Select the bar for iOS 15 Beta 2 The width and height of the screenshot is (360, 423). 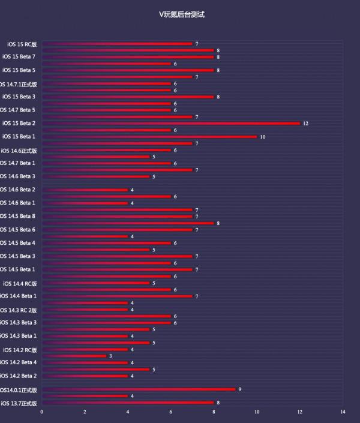(171, 123)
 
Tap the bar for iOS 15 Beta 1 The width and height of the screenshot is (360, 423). (150, 137)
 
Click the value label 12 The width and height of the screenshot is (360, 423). (305, 123)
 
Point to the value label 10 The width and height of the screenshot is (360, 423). (262, 137)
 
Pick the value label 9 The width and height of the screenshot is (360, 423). (240, 389)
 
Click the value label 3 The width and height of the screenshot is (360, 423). (110, 356)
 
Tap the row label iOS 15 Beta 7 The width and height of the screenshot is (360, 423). (19, 57)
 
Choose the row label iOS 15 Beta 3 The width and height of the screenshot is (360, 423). (19, 97)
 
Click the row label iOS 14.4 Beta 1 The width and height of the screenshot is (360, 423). (19, 296)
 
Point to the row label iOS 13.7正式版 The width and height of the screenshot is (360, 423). (19, 403)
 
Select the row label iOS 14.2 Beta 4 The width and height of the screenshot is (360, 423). (19, 362)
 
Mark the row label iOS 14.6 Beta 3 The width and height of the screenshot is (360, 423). (19, 176)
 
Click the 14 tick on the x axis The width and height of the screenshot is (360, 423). (343, 412)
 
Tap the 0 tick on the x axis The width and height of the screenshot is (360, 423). (41, 412)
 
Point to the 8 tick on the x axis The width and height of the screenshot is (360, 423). (214, 412)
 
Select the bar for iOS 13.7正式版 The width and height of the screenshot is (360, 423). (128, 403)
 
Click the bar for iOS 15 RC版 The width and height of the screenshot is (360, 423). (117, 44)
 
